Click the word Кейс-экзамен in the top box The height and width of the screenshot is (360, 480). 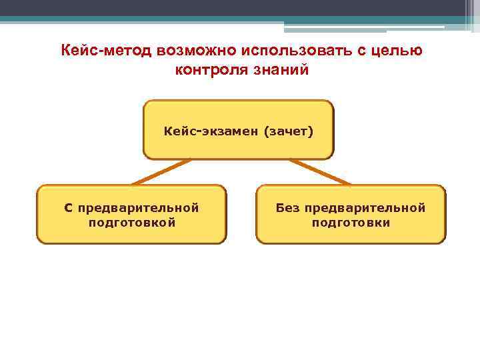click(x=211, y=131)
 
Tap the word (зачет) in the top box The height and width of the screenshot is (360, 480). click(x=288, y=131)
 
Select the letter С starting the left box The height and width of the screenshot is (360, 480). click(x=68, y=208)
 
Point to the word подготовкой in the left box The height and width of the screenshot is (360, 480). click(x=132, y=223)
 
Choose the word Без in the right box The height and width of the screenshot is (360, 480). click(x=289, y=208)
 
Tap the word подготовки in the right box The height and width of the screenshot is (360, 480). click(x=351, y=223)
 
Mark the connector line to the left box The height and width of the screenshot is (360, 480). click(x=161, y=171)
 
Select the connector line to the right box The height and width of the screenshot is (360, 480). click(x=319, y=171)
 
